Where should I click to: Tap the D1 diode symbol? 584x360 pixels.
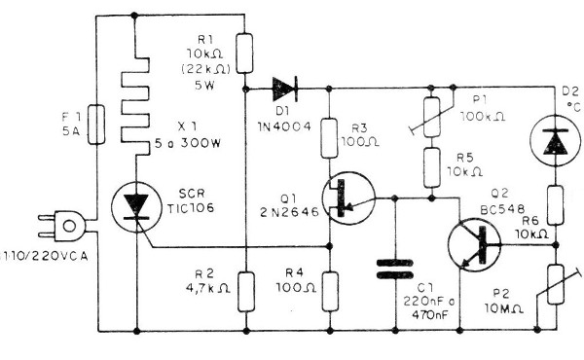click(x=283, y=89)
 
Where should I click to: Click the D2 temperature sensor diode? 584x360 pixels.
click(x=551, y=140)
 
